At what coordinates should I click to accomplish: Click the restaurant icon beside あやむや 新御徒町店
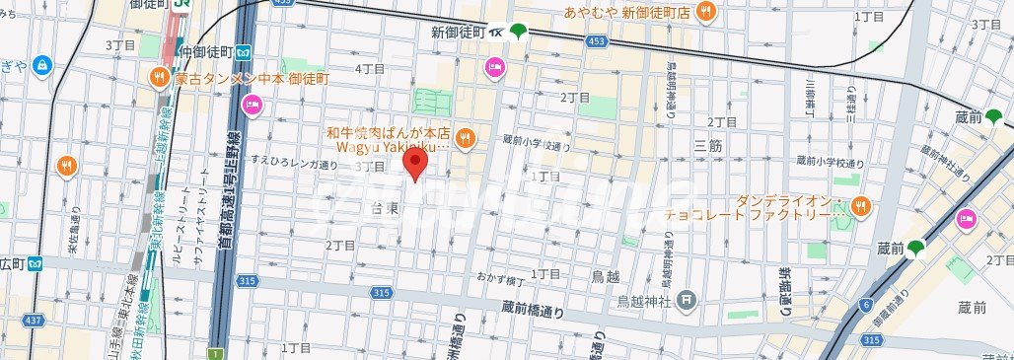point(705,12)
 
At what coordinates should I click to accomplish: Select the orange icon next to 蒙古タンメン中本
point(159,78)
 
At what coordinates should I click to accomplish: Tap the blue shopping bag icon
point(41,66)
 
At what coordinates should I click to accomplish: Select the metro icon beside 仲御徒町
point(242,51)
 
